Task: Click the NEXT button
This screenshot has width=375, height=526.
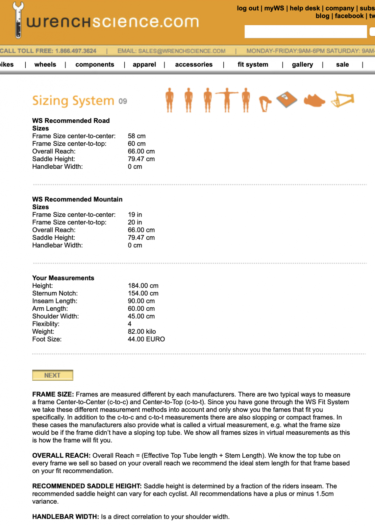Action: click(x=53, y=375)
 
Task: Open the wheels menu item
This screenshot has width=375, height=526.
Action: click(x=45, y=64)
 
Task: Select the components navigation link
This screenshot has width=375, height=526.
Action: click(x=95, y=64)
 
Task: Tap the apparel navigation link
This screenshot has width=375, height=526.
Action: click(x=144, y=64)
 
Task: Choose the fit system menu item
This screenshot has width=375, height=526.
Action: click(x=253, y=64)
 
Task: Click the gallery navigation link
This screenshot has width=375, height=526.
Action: click(x=302, y=64)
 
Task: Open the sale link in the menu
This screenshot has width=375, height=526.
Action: click(x=342, y=64)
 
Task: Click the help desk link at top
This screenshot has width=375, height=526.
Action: click(x=305, y=8)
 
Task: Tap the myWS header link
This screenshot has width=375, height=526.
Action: click(x=274, y=8)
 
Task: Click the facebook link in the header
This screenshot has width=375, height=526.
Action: click(x=349, y=16)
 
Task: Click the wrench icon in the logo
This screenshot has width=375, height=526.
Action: click(x=18, y=20)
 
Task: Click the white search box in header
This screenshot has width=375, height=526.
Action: click(x=305, y=32)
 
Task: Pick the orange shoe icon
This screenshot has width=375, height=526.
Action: click(x=314, y=100)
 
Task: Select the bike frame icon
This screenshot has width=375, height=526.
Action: click(x=343, y=100)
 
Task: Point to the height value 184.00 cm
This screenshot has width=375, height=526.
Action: click(x=143, y=286)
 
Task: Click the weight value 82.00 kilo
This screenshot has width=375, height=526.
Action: click(x=142, y=331)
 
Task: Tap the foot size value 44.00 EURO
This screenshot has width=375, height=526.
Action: click(x=146, y=339)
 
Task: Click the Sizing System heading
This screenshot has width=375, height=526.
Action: click(x=73, y=101)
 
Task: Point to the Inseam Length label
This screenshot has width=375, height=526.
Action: click(x=55, y=301)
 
